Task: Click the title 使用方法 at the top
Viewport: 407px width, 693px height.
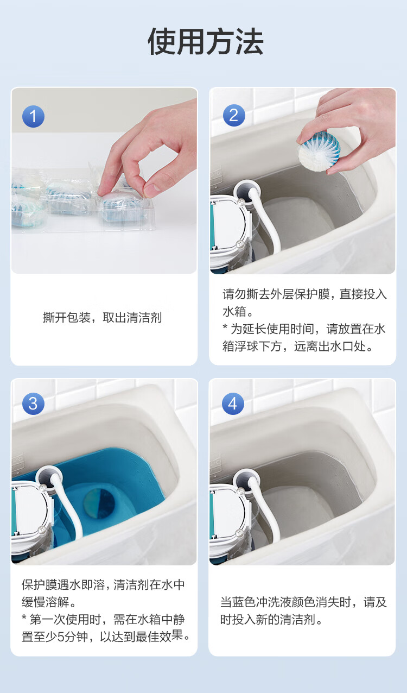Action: click(x=205, y=41)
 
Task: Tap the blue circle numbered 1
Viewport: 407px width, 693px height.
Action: click(x=33, y=116)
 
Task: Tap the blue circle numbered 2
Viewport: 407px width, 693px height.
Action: click(x=234, y=116)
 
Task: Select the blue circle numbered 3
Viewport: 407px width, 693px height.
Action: click(x=33, y=404)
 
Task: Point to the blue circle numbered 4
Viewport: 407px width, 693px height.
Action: click(x=233, y=404)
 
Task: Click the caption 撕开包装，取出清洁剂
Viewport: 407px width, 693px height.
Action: click(x=103, y=318)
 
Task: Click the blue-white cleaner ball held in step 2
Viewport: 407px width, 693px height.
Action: click(x=319, y=148)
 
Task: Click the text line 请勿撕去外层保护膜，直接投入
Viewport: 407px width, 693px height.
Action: click(x=304, y=294)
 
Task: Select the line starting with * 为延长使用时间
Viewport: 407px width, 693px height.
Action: click(x=304, y=329)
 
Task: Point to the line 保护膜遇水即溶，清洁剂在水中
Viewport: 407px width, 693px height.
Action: click(x=103, y=585)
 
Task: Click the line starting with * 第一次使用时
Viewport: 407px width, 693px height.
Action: click(x=103, y=619)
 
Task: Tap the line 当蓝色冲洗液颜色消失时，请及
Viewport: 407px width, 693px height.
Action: click(x=303, y=602)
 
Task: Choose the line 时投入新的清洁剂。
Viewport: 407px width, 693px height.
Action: click(x=271, y=620)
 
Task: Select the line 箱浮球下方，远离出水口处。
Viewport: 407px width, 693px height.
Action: click(x=298, y=346)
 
